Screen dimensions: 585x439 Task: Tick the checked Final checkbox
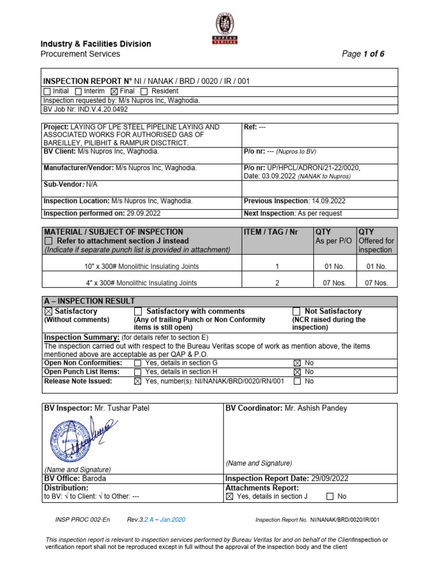tap(113, 91)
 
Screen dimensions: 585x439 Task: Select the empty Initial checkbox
tap(47, 91)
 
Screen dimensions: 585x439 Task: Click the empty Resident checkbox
tap(144, 91)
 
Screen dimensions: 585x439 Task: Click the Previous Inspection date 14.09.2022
tap(328, 201)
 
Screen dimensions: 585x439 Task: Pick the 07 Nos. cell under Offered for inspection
tap(376, 283)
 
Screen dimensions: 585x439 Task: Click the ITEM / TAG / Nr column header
tap(271, 232)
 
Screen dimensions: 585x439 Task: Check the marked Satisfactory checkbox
tap(48, 311)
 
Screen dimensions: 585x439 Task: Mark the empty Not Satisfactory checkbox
tap(296, 311)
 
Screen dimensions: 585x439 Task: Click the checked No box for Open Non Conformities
tap(297, 363)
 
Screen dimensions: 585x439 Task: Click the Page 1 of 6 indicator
tap(363, 54)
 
